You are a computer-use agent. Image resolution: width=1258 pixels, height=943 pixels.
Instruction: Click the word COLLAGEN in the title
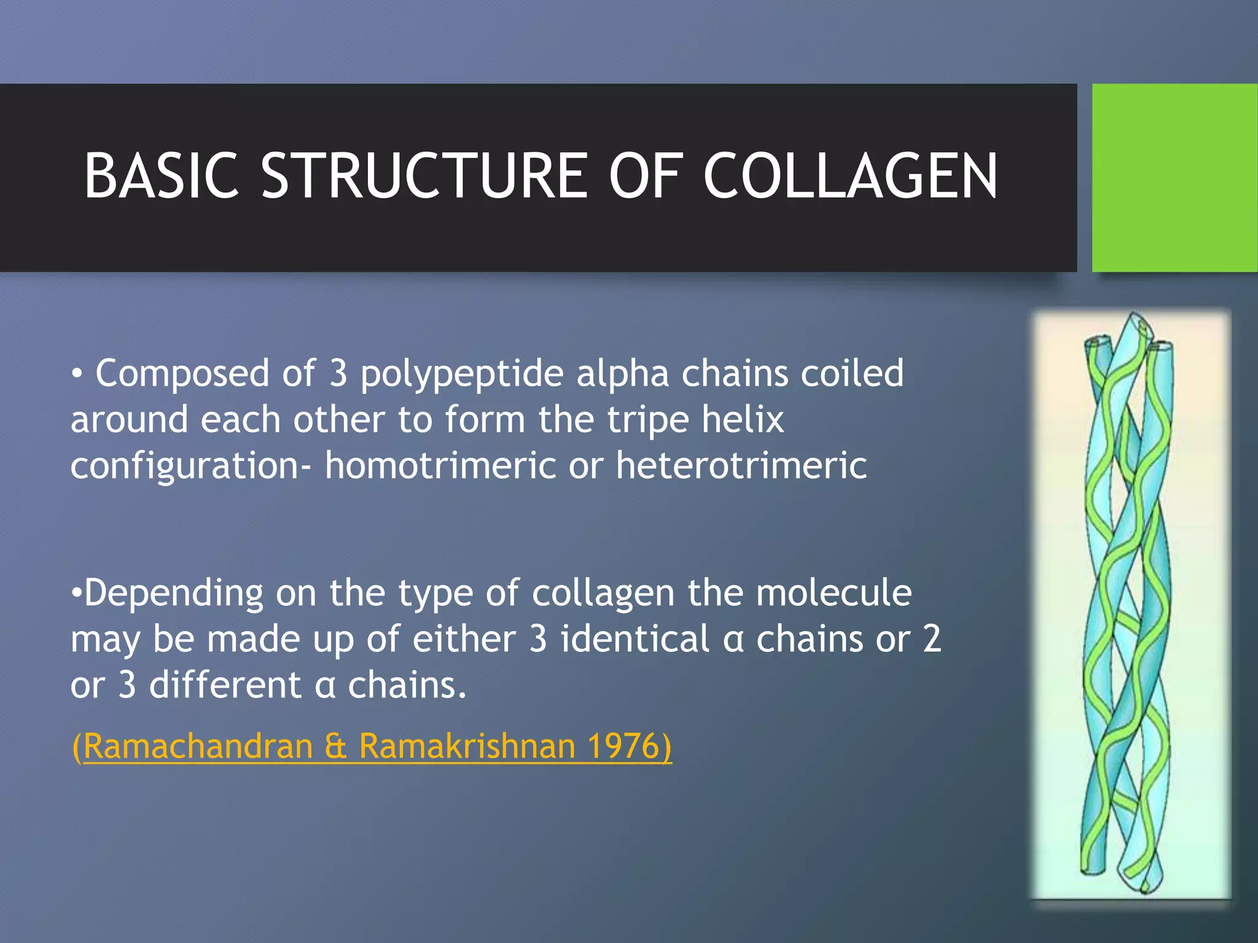pos(850,176)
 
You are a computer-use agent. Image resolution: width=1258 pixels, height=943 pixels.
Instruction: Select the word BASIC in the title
pos(161,176)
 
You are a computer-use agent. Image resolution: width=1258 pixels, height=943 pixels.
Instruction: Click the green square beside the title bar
pos(1174,177)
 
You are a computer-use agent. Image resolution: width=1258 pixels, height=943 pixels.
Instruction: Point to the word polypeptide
pos(461,374)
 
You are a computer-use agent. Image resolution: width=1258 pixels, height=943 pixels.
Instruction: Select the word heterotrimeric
pos(741,465)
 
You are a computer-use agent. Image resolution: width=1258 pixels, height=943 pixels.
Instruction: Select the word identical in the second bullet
pos(635,638)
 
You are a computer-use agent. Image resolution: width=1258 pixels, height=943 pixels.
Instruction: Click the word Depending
pos(173,594)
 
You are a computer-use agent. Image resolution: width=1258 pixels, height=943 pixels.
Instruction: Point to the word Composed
pos(182,374)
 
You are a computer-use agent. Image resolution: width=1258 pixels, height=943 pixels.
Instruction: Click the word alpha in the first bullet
pos(622,374)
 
